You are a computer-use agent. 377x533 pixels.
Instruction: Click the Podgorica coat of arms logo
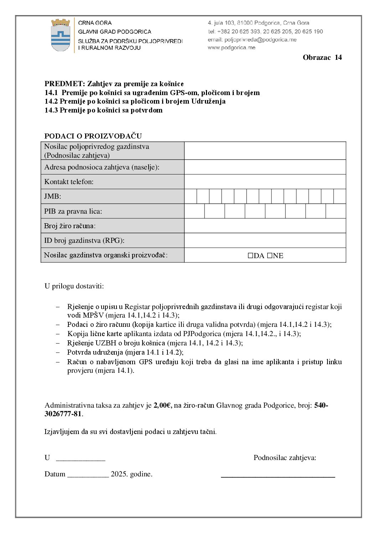(61, 35)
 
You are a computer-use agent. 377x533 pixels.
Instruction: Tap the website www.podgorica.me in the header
(232, 48)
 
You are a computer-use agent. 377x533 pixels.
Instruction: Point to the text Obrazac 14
(322, 58)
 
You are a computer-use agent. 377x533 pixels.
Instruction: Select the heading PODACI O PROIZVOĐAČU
(93, 136)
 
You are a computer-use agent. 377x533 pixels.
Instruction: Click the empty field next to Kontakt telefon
(265, 182)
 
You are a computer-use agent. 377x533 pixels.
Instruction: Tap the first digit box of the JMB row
(191, 197)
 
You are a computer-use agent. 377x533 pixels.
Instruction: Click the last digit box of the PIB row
(336, 211)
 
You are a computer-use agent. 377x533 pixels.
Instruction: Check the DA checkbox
(251, 256)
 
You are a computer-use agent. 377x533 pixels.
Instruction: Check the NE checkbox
(270, 256)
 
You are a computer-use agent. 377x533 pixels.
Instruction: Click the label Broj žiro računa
(70, 226)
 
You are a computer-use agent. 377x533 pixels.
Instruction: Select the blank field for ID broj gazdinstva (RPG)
(265, 240)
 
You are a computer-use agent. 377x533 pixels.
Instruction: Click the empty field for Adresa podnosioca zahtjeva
(265, 167)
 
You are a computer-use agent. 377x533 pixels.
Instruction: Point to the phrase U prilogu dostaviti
(74, 286)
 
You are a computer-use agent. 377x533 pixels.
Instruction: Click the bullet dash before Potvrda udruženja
(58, 352)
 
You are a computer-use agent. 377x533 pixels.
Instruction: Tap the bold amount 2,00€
(162, 405)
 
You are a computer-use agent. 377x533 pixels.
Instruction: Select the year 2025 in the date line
(119, 474)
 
